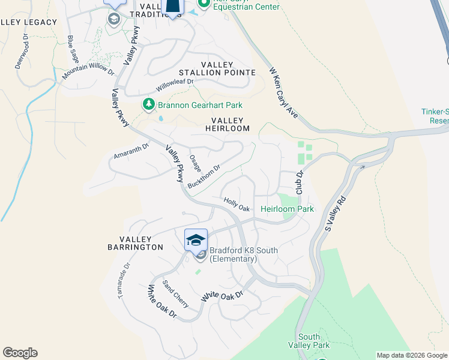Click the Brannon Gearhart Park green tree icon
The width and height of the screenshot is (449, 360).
tap(148, 105)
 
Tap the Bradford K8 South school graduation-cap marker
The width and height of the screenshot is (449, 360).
tap(196, 240)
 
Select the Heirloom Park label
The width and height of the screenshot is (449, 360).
tap(287, 209)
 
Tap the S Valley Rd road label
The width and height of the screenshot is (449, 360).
tap(336, 214)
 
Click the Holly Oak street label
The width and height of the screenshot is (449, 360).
tap(236, 205)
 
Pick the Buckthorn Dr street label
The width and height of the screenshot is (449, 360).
tap(204, 177)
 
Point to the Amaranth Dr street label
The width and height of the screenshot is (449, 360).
tap(131, 152)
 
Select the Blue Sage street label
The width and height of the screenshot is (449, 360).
tap(73, 48)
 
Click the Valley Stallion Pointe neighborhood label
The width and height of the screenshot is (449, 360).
tap(228, 68)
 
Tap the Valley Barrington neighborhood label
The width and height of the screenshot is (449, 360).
tap(135, 242)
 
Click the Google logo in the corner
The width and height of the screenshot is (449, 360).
tap(20, 353)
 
